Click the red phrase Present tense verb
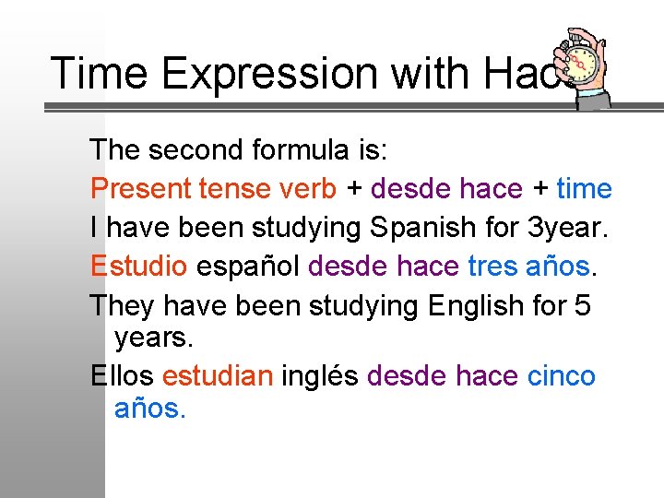(213, 189)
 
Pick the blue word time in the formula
(584, 189)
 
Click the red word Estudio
(139, 267)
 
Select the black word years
(153, 338)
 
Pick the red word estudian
(218, 376)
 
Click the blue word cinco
(561, 376)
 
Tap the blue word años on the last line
(149, 409)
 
